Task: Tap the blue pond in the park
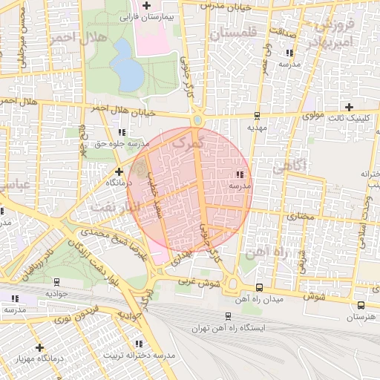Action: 128,72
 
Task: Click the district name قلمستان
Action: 232,33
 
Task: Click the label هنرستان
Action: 361,317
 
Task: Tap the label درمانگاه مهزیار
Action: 39,359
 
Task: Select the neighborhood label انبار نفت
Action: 114,205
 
